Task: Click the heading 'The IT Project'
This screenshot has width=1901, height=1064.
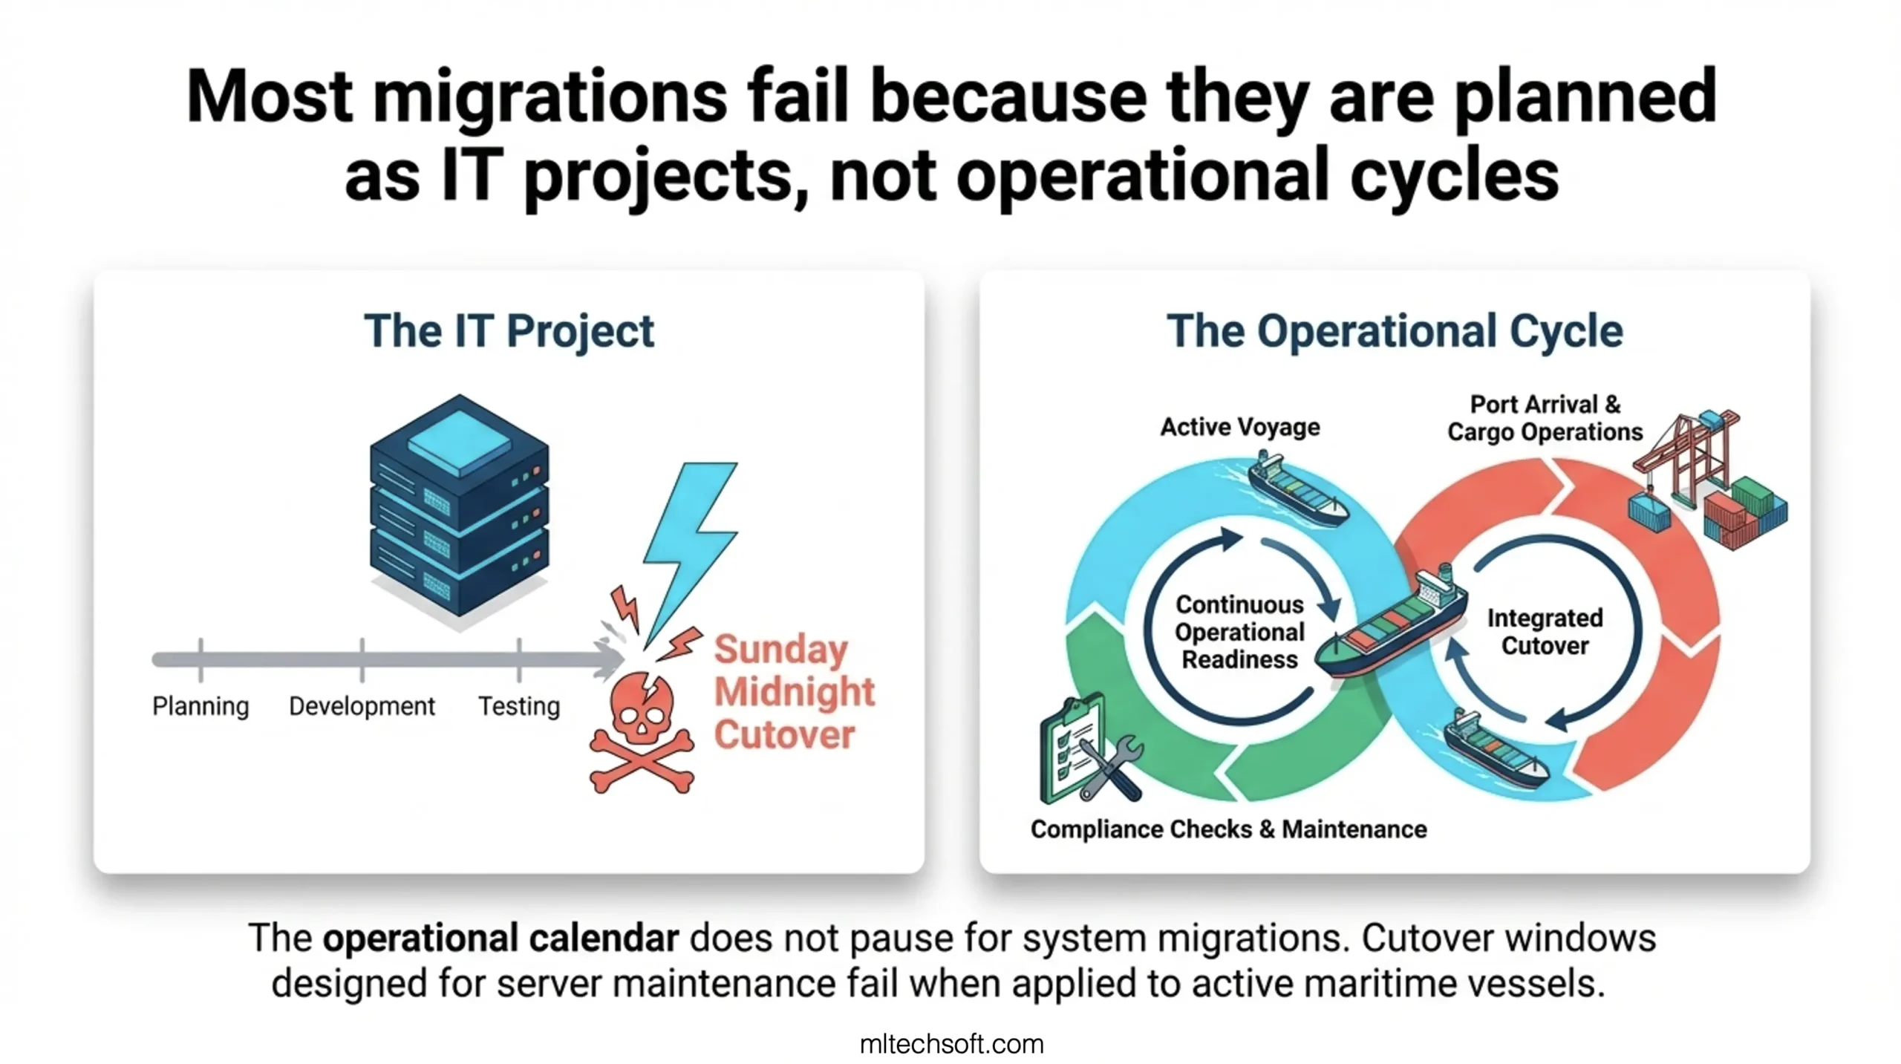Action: pyautogui.click(x=509, y=331)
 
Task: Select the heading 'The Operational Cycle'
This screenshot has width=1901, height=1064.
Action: pyautogui.click(x=1395, y=331)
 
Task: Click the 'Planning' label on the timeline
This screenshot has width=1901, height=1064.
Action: pyautogui.click(x=200, y=706)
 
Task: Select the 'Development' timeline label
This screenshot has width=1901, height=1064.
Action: pyautogui.click(x=362, y=705)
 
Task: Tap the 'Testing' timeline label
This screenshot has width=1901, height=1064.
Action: pyautogui.click(x=519, y=706)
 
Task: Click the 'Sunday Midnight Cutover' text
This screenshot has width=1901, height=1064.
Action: pyautogui.click(x=794, y=692)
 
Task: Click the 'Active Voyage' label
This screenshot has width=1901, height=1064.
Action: pyautogui.click(x=1240, y=427)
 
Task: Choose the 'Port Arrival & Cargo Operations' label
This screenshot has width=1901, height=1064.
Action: pyautogui.click(x=1545, y=418)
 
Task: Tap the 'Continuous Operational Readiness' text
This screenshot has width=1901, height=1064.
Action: pyautogui.click(x=1239, y=632)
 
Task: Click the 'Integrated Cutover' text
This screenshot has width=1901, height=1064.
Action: pyautogui.click(x=1545, y=632)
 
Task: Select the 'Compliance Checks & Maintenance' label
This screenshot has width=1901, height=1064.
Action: pyautogui.click(x=1228, y=829)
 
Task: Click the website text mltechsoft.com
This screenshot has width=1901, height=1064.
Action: pyautogui.click(x=951, y=1044)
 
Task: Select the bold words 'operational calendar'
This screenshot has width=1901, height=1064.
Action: pyautogui.click(x=500, y=938)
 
